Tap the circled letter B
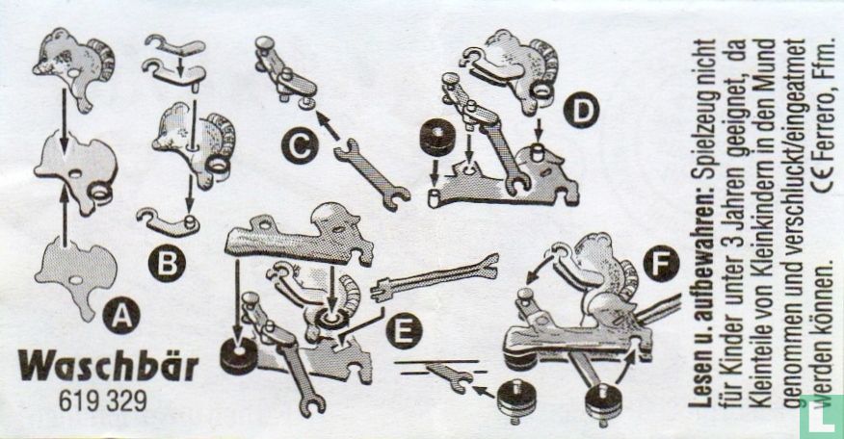point(167,263)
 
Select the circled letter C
point(300,144)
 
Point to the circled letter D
point(581,111)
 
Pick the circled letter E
point(404,330)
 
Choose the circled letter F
point(662,263)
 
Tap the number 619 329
point(102,400)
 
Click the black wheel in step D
point(435,137)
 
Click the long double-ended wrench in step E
point(435,277)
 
